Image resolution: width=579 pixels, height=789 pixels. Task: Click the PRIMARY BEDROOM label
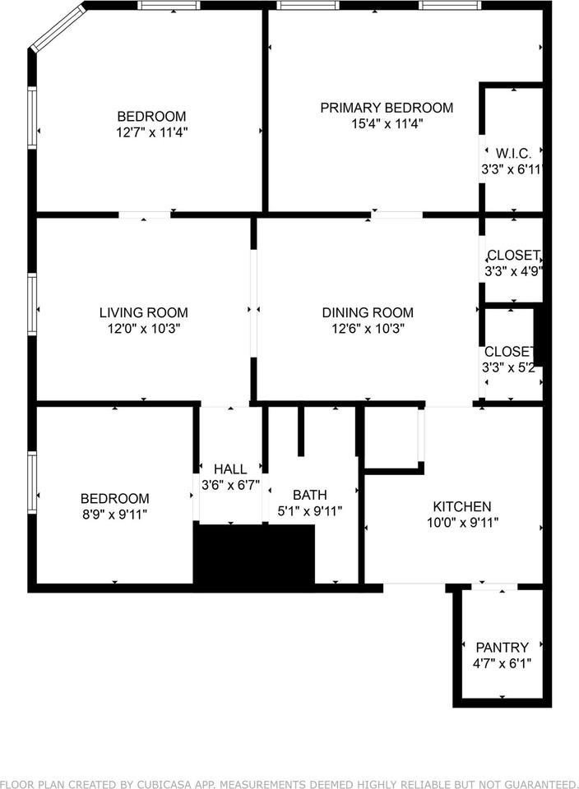pyautogui.click(x=387, y=108)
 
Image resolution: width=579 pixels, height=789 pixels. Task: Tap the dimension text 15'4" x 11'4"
pyautogui.click(x=387, y=124)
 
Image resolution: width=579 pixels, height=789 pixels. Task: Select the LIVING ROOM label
pyautogui.click(x=143, y=312)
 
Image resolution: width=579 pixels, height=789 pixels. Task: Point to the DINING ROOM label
pyautogui.click(x=368, y=312)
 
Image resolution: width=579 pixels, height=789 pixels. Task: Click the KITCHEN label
pyautogui.click(x=462, y=506)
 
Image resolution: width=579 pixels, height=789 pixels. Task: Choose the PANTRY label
pyautogui.click(x=502, y=647)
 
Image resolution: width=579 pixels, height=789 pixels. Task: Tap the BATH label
pyautogui.click(x=309, y=495)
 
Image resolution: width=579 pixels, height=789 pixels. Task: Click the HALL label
pyautogui.click(x=230, y=469)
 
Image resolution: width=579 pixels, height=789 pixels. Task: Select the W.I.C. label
pyautogui.click(x=513, y=154)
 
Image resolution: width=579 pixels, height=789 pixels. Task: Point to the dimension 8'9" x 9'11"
pyautogui.click(x=115, y=514)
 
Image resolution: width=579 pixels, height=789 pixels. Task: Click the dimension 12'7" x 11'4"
pyautogui.click(x=151, y=133)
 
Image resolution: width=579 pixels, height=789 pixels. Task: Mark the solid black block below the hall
pyautogui.click(x=254, y=555)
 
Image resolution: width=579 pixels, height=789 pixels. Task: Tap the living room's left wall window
pyautogui.click(x=32, y=304)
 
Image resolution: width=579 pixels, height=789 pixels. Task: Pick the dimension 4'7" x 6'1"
pyautogui.click(x=502, y=664)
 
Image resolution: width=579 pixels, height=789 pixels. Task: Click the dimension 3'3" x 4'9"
pyautogui.click(x=513, y=272)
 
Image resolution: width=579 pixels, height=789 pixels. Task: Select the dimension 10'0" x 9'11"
pyautogui.click(x=463, y=523)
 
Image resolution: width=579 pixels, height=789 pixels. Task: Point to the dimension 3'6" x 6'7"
pyautogui.click(x=230, y=485)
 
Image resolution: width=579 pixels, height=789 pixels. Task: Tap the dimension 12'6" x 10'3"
pyautogui.click(x=368, y=329)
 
